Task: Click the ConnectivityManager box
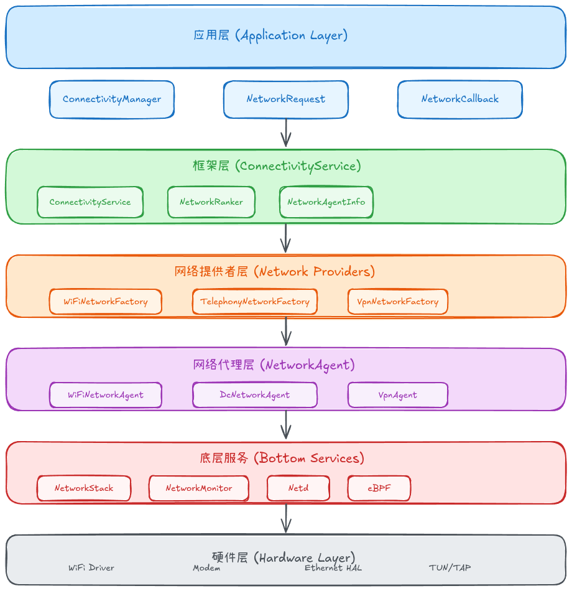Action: (x=112, y=100)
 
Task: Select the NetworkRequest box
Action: (x=286, y=100)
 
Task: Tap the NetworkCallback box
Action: (x=460, y=100)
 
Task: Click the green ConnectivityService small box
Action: (x=90, y=202)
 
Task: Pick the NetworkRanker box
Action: (x=211, y=202)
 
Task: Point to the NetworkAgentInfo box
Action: (x=326, y=202)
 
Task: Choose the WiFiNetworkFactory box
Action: (x=106, y=302)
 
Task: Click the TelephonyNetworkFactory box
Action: (x=255, y=302)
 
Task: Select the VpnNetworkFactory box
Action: (x=398, y=302)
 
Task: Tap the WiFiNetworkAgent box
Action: (x=106, y=395)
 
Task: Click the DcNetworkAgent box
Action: (x=255, y=395)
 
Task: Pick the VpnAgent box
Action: (x=398, y=395)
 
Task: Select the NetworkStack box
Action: (x=84, y=488)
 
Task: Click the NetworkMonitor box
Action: (x=199, y=488)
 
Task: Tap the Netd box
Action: (x=298, y=488)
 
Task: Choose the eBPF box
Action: (x=379, y=488)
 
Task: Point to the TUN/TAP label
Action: (x=450, y=568)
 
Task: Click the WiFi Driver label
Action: (x=91, y=568)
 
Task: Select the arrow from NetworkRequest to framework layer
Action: (x=286, y=133)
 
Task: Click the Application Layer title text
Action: (x=270, y=35)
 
